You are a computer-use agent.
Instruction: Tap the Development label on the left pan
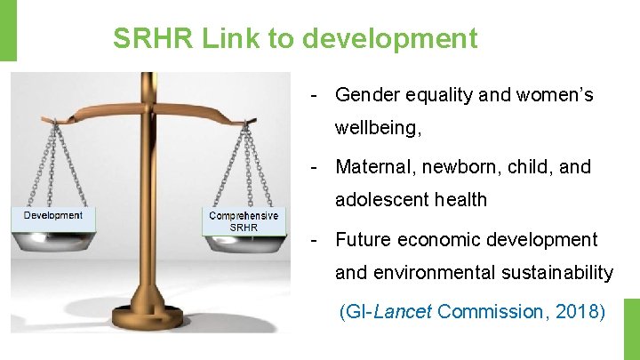click(53, 215)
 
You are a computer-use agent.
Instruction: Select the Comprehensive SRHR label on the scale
click(243, 221)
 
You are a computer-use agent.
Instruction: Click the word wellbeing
click(375, 129)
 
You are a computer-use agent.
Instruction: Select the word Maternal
click(372, 167)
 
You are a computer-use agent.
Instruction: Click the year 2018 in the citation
click(577, 312)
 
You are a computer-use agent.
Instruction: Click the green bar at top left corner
click(7, 29)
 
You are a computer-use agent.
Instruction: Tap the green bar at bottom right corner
click(631, 328)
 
